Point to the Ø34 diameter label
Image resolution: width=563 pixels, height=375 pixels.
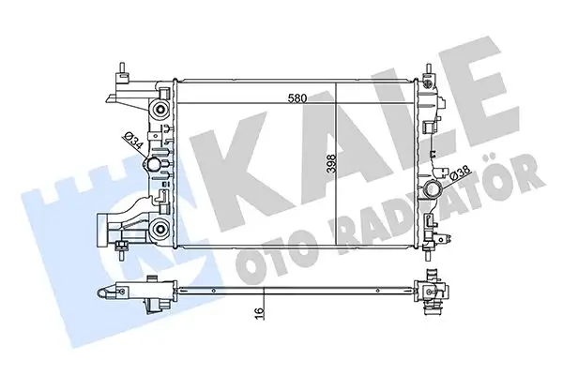tap(135, 145)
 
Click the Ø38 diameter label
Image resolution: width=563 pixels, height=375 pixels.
tap(461, 173)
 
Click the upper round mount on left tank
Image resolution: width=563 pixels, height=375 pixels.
tap(160, 110)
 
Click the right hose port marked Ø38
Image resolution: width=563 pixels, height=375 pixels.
tap(434, 191)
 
